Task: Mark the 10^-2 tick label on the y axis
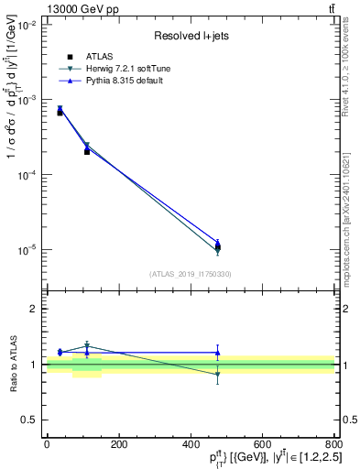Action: tap(28, 25)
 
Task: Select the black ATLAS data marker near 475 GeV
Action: tap(217, 246)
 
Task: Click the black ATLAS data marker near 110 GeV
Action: tap(87, 151)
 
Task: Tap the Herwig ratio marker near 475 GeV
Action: tap(217, 375)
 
